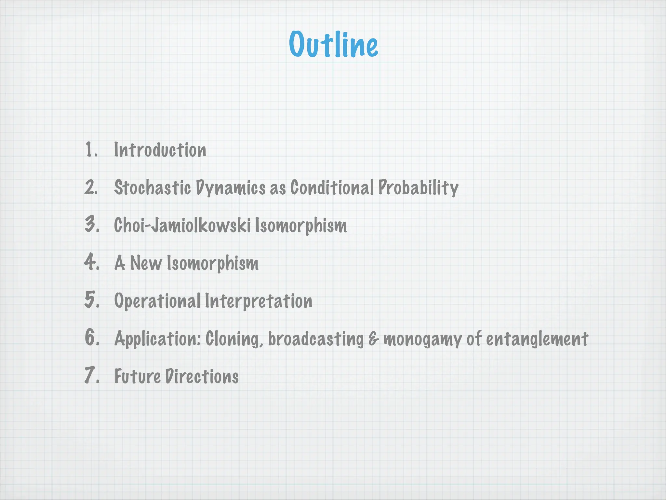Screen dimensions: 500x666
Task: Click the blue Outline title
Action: coord(333,45)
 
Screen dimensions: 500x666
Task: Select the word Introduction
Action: coord(160,150)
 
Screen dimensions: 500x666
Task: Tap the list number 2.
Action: coord(91,188)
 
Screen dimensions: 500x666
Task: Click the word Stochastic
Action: coord(152,188)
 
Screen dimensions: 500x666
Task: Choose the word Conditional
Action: coord(332,188)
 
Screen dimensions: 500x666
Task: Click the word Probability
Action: coord(418,188)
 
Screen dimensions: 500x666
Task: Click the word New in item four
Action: coord(146,263)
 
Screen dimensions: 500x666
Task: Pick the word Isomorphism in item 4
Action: coord(213,263)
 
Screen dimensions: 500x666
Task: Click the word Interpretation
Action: coord(259,301)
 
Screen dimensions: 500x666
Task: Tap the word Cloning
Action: coord(234,339)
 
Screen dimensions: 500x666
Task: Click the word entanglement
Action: coord(537,339)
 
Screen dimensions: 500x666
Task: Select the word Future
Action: coord(137,376)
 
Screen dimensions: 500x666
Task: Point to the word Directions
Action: coord(202,376)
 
